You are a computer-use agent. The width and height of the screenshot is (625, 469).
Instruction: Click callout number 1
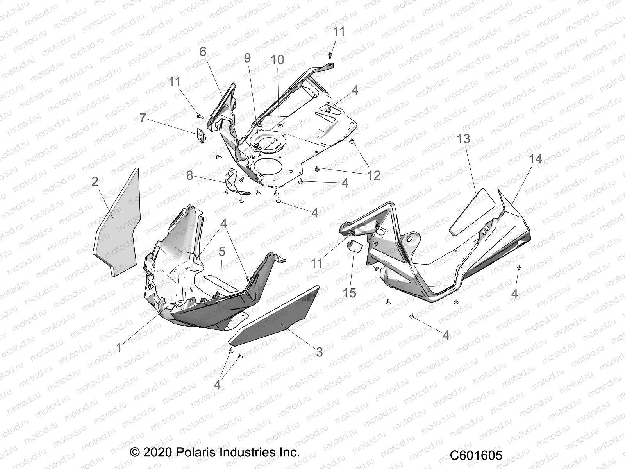coord(119,347)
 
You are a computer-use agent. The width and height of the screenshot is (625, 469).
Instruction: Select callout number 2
coord(95,181)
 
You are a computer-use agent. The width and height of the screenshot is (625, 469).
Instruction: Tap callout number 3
coord(319,352)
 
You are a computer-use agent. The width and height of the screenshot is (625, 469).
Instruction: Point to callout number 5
coord(222,251)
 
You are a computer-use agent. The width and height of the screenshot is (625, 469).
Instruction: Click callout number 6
coord(203,52)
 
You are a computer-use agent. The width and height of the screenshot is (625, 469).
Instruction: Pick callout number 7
coord(143,118)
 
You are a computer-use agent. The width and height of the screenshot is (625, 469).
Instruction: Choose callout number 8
coord(190,176)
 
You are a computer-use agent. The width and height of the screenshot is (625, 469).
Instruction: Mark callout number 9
coord(247,58)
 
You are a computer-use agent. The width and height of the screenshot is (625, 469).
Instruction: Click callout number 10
coord(277,60)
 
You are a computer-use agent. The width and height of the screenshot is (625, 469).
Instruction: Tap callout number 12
coord(374,175)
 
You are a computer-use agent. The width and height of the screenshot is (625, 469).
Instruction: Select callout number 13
coord(464,139)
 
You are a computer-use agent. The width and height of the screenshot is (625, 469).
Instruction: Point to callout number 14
coord(535,159)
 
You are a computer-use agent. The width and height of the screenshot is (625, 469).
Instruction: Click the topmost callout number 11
coord(339,31)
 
